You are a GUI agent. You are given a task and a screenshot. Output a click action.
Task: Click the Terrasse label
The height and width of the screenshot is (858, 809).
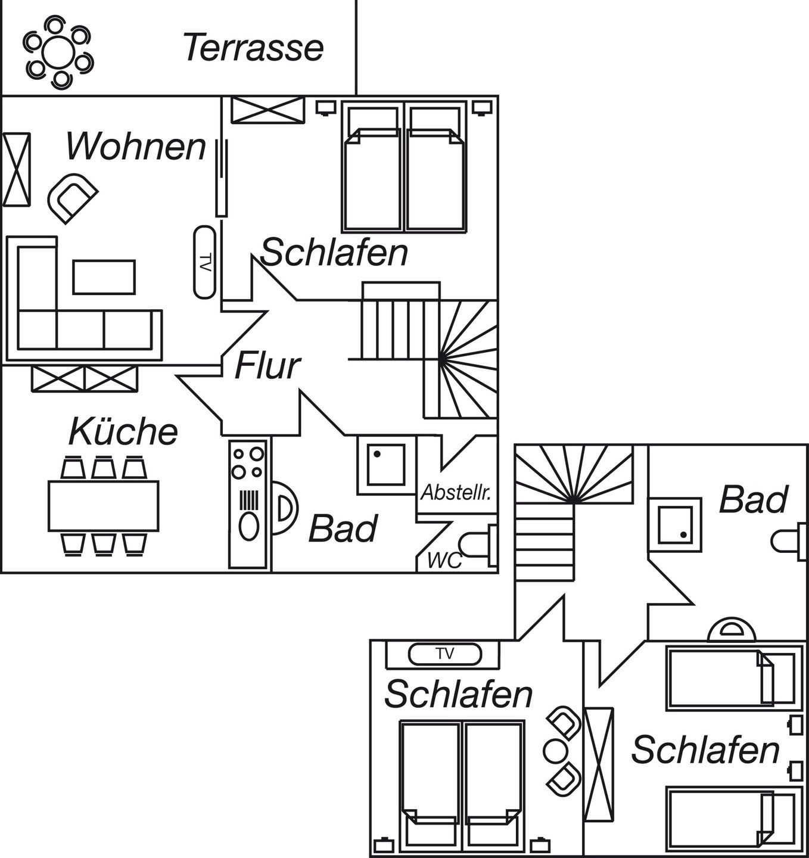[253, 47]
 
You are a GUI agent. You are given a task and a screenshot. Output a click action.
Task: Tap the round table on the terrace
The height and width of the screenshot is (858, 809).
[58, 52]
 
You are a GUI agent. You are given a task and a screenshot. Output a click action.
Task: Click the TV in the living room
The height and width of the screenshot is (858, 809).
[204, 262]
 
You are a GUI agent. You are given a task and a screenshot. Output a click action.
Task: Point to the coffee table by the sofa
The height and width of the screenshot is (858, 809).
[104, 277]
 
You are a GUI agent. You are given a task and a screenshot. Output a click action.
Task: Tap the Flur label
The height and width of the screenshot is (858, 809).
[267, 365]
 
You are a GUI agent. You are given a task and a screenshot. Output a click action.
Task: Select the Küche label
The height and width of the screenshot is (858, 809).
[123, 431]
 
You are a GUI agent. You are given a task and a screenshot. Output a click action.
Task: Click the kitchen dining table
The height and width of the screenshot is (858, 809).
[103, 506]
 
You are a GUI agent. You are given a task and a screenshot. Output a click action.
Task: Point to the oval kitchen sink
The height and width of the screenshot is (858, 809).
[249, 526]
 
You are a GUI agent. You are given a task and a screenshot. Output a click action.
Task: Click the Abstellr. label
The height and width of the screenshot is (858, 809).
[456, 492]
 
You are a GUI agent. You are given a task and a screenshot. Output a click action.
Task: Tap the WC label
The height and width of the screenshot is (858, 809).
[444, 561]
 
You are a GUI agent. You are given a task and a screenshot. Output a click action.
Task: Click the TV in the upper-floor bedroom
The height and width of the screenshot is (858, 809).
[444, 654]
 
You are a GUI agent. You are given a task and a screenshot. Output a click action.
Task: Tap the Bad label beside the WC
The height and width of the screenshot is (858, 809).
[343, 528]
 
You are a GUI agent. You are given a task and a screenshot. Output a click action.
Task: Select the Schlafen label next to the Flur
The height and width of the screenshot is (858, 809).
[334, 252]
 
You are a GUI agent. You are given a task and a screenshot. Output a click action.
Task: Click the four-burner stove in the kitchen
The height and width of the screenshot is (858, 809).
[248, 463]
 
